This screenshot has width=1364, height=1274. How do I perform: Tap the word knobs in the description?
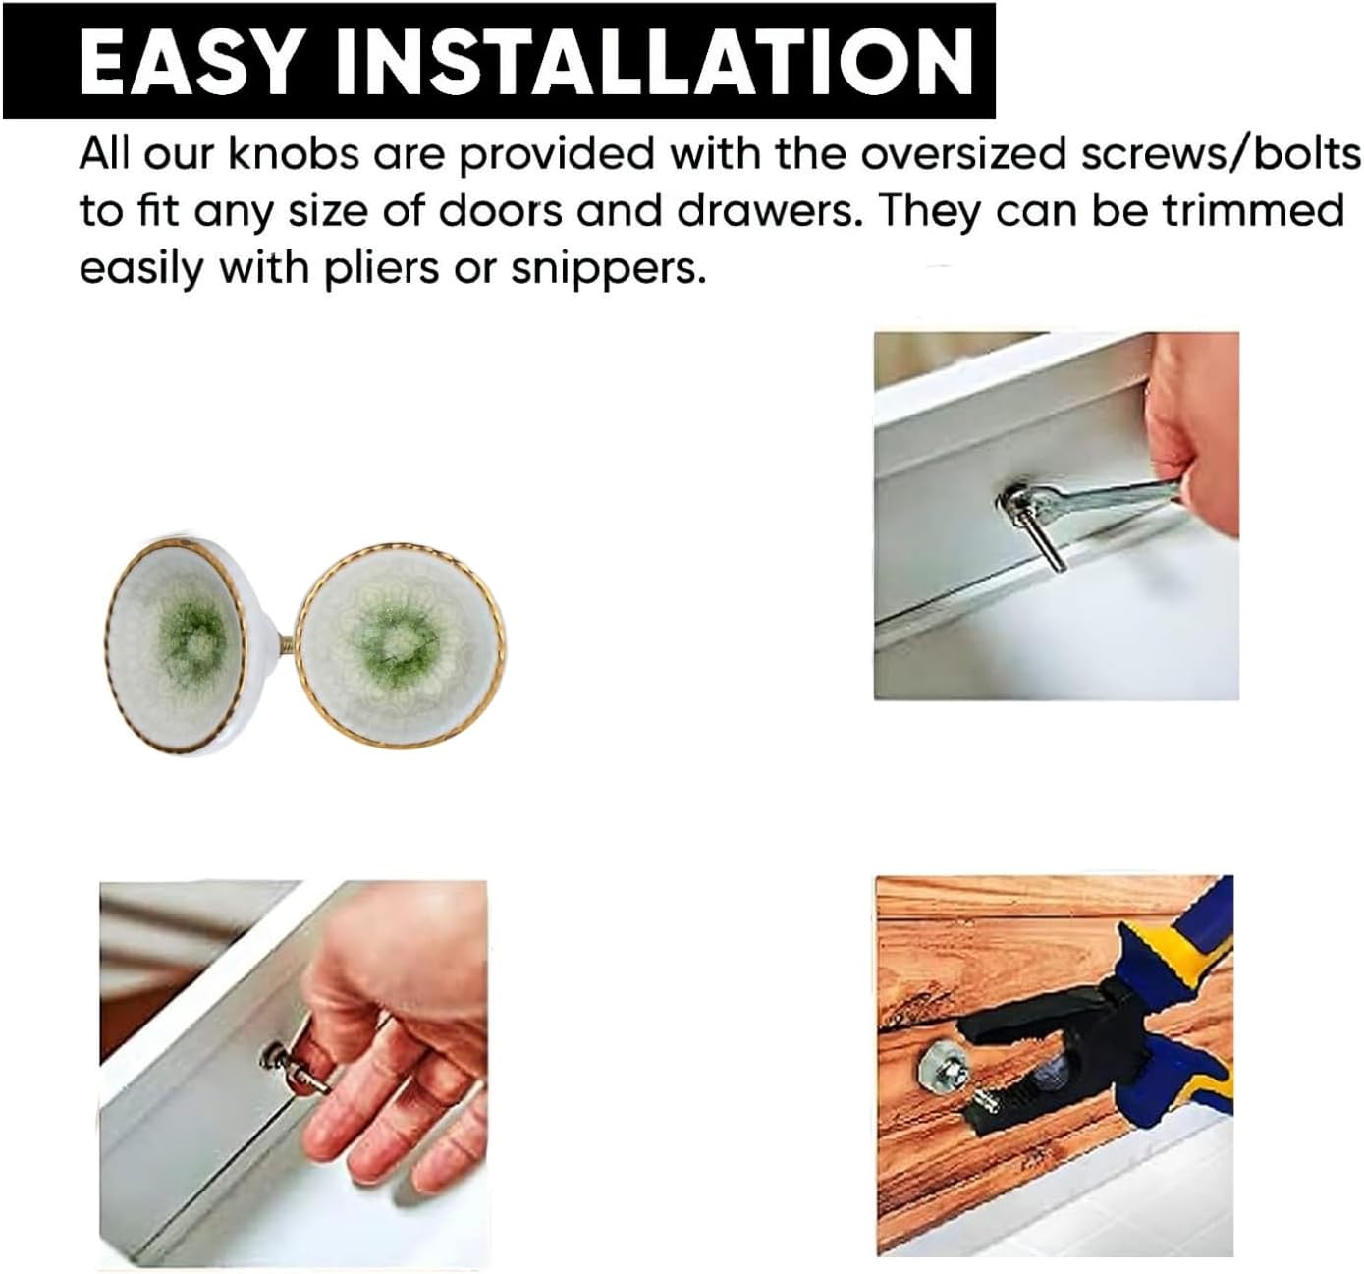(294, 154)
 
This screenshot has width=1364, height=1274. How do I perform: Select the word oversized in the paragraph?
(963, 155)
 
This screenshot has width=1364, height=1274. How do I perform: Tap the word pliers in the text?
(381, 267)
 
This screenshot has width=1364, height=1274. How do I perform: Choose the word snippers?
(609, 268)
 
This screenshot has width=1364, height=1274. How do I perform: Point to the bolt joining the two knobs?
(287, 646)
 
